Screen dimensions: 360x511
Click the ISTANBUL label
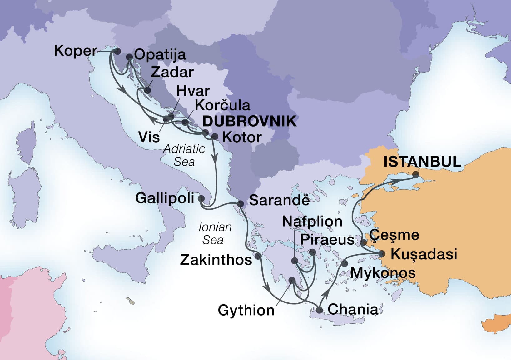422,162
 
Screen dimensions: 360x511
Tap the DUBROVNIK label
250,121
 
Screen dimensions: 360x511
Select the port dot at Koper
117,51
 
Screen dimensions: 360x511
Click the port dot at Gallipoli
201,198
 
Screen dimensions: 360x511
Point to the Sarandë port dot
240,204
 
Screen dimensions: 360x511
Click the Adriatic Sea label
184,155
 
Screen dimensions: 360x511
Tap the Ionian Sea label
215,233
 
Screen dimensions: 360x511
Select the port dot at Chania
319,310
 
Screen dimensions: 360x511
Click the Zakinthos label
216,260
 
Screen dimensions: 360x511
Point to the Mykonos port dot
344,263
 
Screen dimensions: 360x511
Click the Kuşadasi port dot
382,253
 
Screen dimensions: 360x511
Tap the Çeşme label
394,235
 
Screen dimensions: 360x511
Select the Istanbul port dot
416,174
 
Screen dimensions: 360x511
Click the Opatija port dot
129,57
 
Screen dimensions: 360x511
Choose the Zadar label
172,72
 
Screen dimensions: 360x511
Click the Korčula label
222,105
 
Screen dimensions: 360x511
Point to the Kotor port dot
215,136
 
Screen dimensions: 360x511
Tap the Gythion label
246,310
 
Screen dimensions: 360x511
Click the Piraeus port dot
312,252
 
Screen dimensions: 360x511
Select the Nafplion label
312,222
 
